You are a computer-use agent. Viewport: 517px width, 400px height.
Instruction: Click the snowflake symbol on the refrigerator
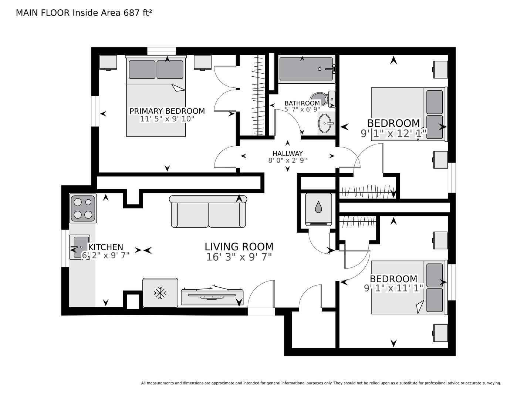[160, 293]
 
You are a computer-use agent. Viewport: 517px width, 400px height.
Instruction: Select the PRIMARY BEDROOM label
[167, 111]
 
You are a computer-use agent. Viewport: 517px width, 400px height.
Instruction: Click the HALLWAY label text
[287, 153]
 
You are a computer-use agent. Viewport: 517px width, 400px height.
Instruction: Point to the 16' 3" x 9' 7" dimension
[239, 257]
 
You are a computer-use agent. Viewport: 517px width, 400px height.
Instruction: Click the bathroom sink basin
[325, 123]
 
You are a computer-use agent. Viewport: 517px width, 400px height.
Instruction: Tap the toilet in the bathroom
[322, 99]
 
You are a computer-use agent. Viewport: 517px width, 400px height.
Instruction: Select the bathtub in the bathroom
[307, 69]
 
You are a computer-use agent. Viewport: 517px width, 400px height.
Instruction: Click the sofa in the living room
[208, 211]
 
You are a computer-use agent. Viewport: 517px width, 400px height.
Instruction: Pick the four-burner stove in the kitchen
[83, 209]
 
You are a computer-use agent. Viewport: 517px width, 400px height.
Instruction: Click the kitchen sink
[80, 247]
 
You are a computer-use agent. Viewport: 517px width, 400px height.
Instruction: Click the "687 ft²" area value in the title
[138, 13]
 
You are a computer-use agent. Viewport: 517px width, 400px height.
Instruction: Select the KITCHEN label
[106, 247]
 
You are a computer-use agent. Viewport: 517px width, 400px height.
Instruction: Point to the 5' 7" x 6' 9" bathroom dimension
[302, 109]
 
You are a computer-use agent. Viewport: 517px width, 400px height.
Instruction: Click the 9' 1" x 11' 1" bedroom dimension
[394, 289]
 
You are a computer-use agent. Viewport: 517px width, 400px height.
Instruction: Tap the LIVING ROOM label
[239, 247]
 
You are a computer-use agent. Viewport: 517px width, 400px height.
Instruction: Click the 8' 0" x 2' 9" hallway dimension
[287, 160]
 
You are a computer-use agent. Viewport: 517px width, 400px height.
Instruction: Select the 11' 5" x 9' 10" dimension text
[167, 119]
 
